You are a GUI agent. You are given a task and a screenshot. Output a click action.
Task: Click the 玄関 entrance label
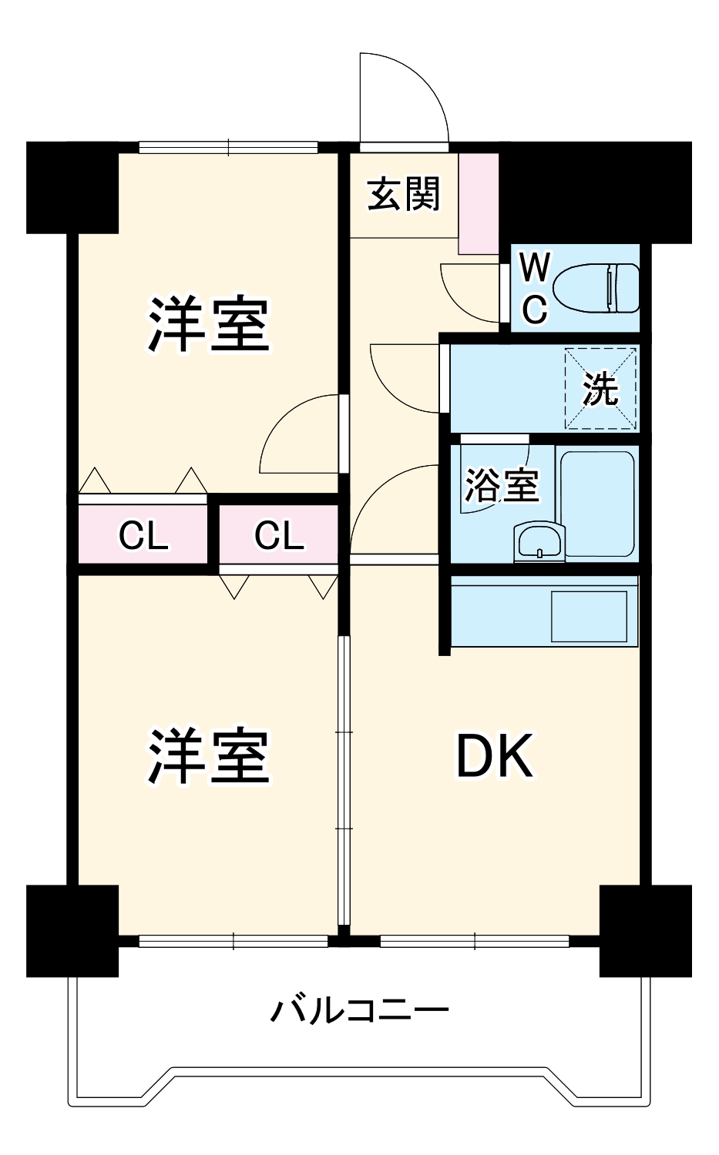tap(404, 194)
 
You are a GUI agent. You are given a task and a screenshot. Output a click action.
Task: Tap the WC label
tap(535, 289)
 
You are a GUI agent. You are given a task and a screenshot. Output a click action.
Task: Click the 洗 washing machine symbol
tap(601, 388)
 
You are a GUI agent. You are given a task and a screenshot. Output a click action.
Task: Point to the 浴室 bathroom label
tap(501, 485)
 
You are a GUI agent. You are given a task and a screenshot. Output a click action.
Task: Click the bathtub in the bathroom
tap(597, 504)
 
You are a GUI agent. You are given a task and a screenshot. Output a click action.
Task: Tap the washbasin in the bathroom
tap(539, 541)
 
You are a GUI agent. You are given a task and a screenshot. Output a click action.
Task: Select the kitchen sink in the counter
tap(589, 616)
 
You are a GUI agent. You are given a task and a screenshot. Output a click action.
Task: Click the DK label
tap(494, 757)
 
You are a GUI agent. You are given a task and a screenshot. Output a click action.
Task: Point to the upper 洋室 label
tap(209, 324)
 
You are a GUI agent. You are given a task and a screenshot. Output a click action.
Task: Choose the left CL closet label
tap(143, 535)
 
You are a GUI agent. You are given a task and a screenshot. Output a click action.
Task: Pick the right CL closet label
tap(279, 535)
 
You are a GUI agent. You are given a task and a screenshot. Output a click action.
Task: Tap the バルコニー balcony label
tap(359, 1009)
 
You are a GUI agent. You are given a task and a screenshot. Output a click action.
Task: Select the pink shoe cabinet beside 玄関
tap(479, 204)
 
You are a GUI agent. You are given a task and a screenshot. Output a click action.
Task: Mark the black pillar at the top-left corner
tap(72, 187)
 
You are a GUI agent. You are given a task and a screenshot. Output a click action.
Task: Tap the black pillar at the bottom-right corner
tap(645, 930)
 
